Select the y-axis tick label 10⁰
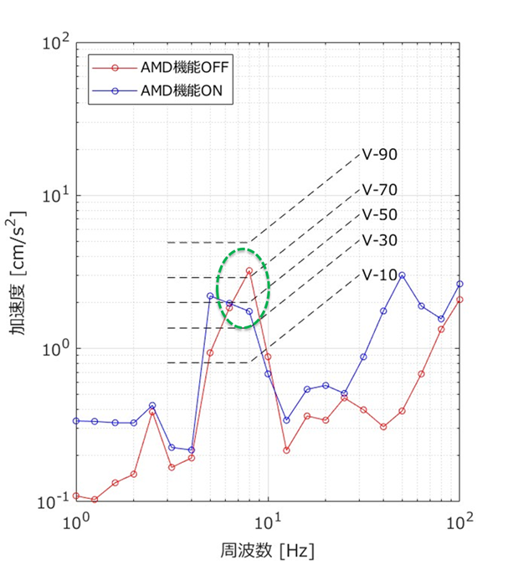[x=56, y=348]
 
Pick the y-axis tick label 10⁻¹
[x=54, y=502]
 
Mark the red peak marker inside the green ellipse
[x=249, y=271]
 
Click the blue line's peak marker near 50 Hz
[x=403, y=275]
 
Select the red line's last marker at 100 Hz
[x=459, y=299]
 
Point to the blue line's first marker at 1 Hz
[x=76, y=420]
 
